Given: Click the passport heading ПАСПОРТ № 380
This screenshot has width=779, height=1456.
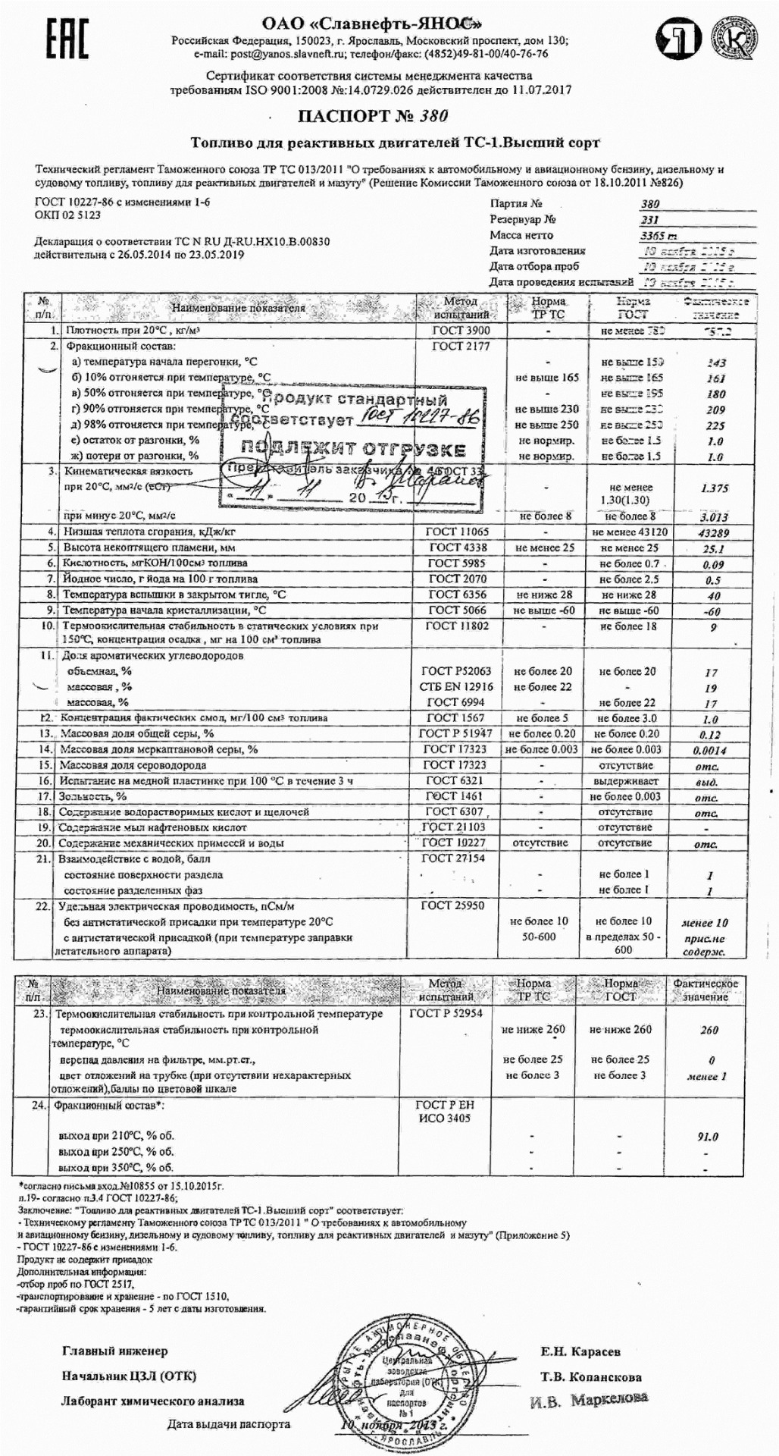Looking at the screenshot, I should tap(372, 116).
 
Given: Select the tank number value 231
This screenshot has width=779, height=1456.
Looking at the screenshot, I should tap(649, 220).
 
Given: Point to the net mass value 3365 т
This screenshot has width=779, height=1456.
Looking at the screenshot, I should tap(656, 236).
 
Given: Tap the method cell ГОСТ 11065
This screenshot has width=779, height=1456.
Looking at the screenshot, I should tap(459, 532).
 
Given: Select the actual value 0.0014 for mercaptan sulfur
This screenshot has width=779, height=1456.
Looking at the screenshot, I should tap(709, 750).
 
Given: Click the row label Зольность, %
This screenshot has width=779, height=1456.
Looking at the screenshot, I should tap(92, 796).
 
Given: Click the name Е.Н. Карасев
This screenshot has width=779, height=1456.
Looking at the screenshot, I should tap(580, 1351).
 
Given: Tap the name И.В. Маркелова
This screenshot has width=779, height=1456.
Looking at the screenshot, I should tap(589, 1399).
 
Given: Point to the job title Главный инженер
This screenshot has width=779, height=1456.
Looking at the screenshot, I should tap(114, 1351).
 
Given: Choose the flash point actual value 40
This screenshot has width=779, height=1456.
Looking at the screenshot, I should tap(712, 595).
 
